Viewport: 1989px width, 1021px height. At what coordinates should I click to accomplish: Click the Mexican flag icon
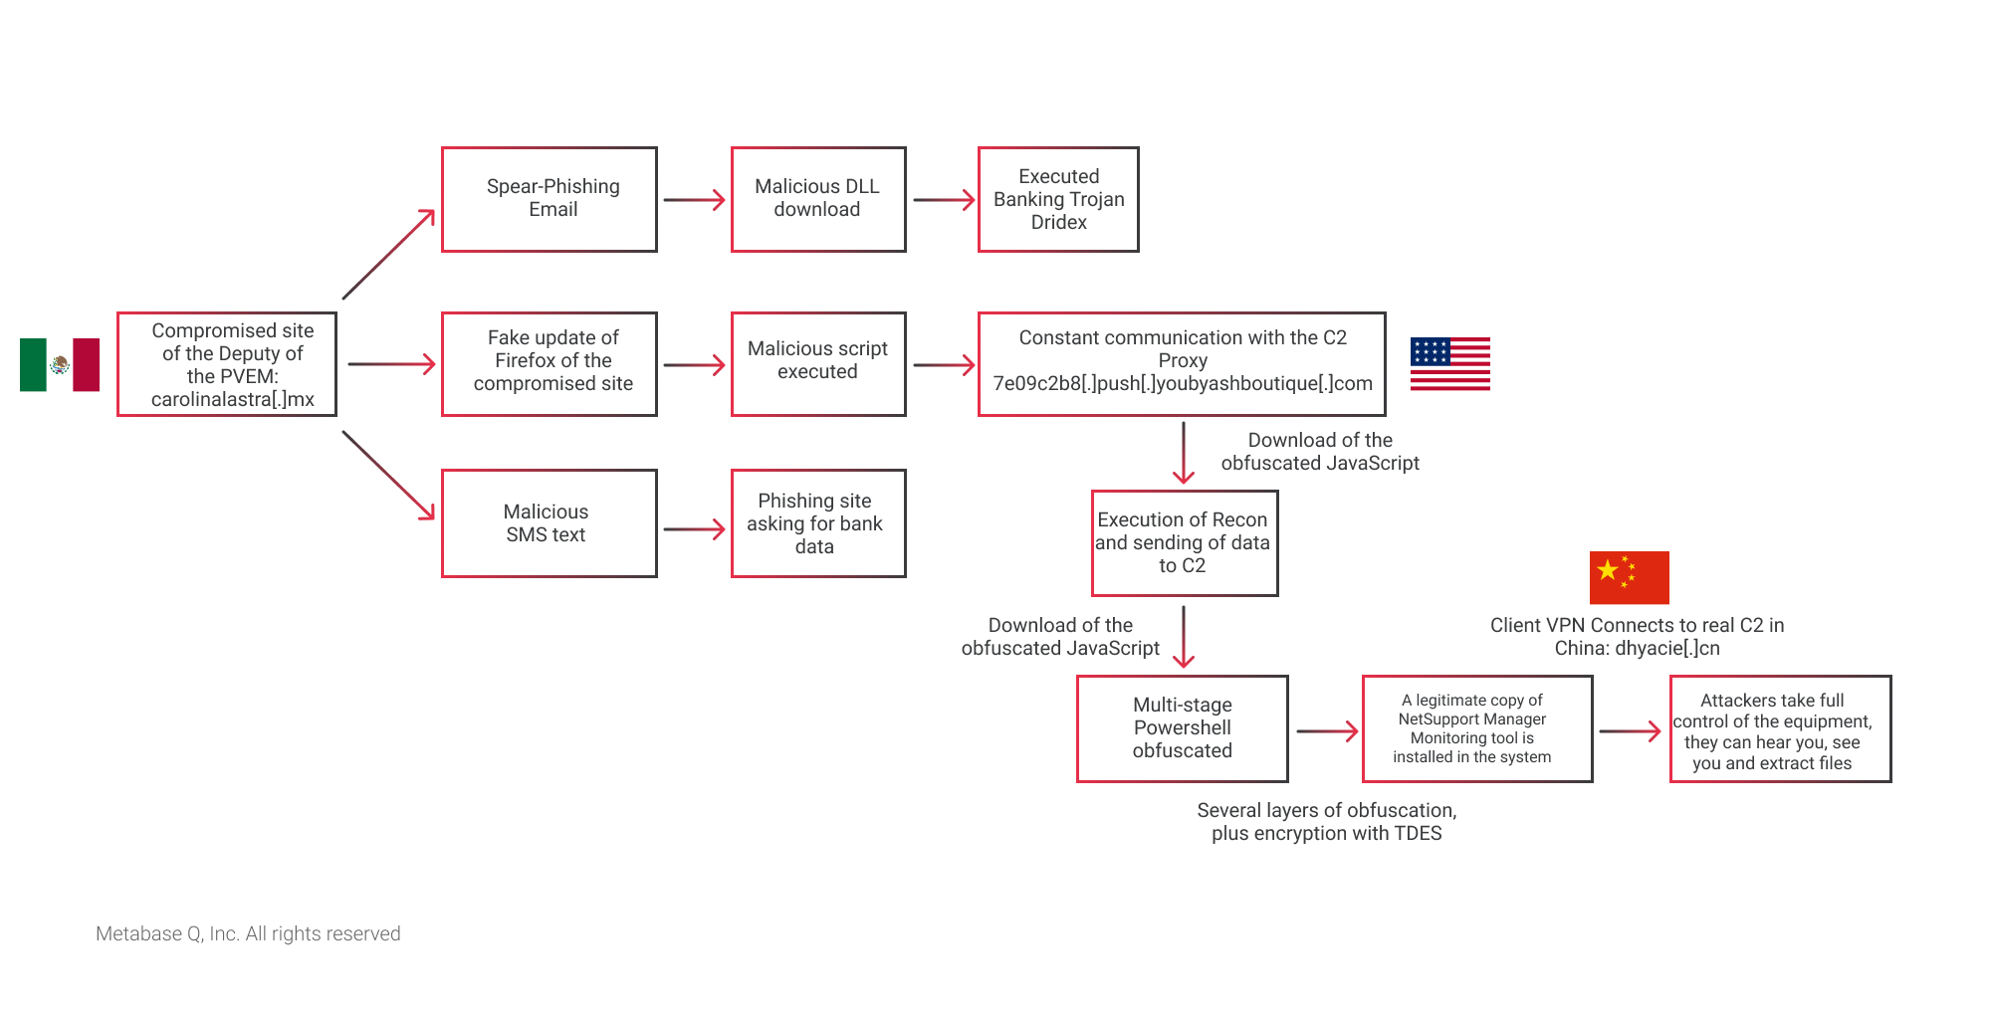60,364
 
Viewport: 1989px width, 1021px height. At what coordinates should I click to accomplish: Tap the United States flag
1449,363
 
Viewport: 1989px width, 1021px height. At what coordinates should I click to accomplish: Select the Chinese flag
1629,577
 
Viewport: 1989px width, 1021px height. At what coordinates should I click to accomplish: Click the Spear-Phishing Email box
550,199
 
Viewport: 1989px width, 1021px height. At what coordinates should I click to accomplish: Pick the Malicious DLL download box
818,199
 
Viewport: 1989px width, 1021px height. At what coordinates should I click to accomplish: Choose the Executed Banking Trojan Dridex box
1058,199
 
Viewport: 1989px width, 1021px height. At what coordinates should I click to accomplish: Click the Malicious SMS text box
550,523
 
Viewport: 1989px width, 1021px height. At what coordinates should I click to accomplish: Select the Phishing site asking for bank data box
818,523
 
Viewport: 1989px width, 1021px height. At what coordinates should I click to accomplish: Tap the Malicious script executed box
818,364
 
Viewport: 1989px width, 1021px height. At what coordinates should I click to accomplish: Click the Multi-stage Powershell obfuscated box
1183,728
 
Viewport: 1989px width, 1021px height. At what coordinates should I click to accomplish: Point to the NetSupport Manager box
1477,728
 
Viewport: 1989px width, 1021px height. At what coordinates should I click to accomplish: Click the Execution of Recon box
1185,543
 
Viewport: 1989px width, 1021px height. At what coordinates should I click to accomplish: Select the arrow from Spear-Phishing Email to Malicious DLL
695,200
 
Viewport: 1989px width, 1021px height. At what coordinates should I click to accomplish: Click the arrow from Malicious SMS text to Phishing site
695,529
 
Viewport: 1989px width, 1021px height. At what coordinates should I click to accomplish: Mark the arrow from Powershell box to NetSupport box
1328,731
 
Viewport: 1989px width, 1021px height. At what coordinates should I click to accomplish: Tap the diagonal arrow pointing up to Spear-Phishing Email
389,254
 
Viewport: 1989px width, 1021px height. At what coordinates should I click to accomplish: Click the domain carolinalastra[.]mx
233,399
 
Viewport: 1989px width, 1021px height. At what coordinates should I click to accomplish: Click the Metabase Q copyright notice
248,933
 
